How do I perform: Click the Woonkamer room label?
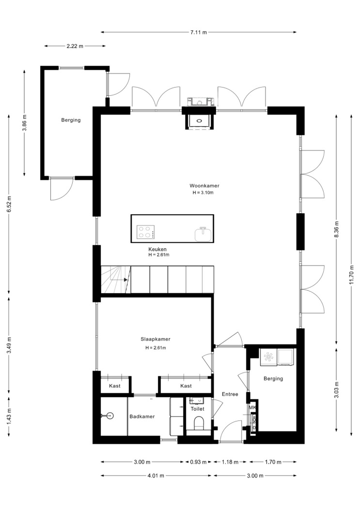204,186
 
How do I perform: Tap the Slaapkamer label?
156,339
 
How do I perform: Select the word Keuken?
157,250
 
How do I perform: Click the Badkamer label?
142,417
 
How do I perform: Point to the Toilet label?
197,409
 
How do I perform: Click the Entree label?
230,394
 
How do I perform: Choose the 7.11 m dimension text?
199,32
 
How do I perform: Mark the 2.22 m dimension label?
75,46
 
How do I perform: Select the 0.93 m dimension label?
198,462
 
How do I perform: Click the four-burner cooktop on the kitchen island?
145,232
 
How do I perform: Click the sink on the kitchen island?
203,234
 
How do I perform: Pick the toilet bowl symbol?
198,423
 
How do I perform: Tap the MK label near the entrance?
252,407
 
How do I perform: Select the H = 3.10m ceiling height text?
203,193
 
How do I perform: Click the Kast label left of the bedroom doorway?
115,386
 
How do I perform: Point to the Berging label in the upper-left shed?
71,120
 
